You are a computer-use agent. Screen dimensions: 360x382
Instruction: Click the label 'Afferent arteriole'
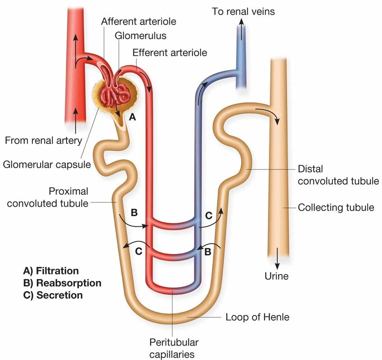(x=138, y=21)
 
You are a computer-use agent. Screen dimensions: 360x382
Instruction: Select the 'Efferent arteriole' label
(x=170, y=52)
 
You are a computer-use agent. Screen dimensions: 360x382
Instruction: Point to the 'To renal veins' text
(x=243, y=11)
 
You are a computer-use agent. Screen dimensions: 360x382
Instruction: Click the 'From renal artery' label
(x=43, y=140)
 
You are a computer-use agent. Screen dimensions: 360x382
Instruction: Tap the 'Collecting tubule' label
(x=336, y=207)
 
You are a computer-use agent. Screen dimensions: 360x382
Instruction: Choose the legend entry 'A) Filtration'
(x=51, y=271)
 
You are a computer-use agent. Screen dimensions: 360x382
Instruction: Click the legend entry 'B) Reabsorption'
(x=62, y=283)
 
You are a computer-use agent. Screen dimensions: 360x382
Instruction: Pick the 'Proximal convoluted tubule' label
(x=50, y=197)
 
